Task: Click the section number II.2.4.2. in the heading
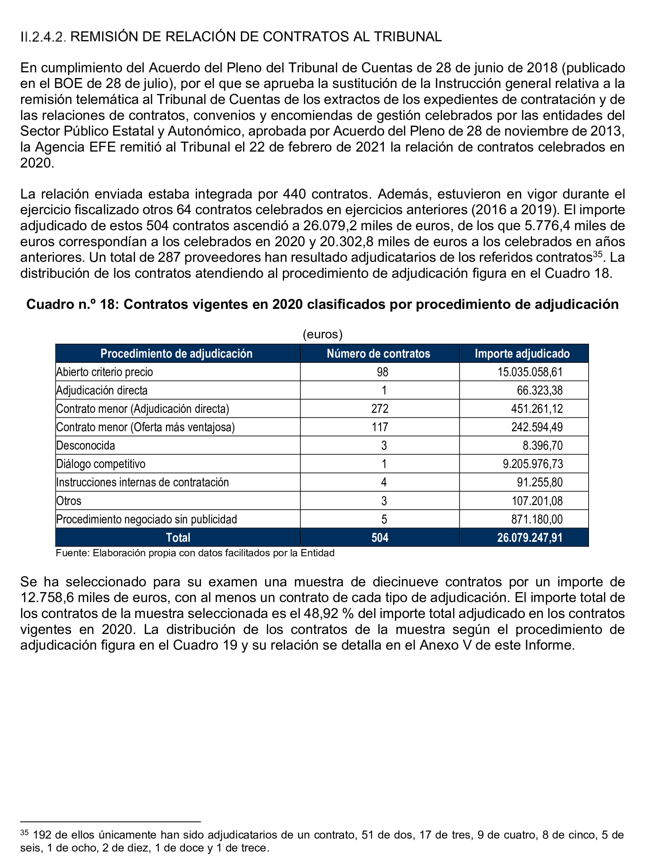tap(43, 37)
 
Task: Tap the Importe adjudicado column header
tap(522, 353)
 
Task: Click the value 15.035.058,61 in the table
tap(530, 372)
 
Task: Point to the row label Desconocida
tap(85, 445)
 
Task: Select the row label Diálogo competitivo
tap(101, 464)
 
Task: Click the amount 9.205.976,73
tap(532, 464)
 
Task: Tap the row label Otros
tap(69, 501)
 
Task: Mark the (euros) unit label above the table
tap(323, 335)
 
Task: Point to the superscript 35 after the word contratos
tap(597, 254)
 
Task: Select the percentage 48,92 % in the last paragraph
tap(329, 613)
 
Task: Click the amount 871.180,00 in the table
tap(537, 519)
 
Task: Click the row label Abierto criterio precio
tap(104, 372)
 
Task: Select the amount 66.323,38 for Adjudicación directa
tap(540, 390)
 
